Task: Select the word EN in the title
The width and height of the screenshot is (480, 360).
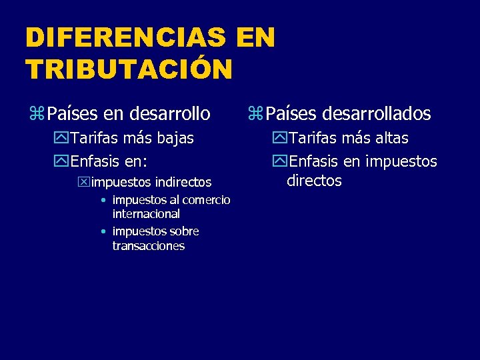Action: [x=255, y=38]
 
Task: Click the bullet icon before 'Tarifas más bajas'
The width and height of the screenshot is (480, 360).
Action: [x=63, y=139]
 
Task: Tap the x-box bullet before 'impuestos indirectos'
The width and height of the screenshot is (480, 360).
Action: [x=84, y=182]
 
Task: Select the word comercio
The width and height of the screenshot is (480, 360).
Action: [x=206, y=200]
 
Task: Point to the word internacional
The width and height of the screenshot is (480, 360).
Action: [x=146, y=214]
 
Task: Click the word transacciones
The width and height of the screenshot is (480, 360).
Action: [x=149, y=246]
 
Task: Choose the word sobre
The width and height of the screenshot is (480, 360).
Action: [x=184, y=231]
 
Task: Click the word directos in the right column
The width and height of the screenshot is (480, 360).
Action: [x=314, y=181]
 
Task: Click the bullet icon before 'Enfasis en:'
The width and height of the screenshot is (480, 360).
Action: [x=63, y=161]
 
